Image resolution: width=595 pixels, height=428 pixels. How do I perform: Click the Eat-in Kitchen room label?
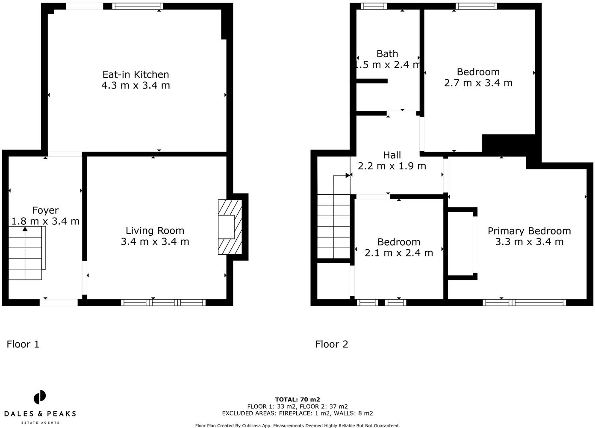(x=135, y=74)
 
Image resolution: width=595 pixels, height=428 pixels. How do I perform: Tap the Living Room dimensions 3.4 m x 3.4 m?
(x=155, y=242)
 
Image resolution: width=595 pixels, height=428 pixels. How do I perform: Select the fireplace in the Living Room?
(x=230, y=227)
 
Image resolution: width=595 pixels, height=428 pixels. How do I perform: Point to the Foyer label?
(x=45, y=211)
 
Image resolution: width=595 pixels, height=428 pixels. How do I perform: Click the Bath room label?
(x=387, y=54)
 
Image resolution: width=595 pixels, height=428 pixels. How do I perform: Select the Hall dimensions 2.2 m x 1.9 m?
(x=392, y=166)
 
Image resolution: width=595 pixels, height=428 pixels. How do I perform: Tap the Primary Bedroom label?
(x=529, y=231)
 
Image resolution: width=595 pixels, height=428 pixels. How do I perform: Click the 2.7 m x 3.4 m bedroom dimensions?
(x=478, y=83)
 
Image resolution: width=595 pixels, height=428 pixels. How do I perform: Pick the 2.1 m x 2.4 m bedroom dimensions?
(x=398, y=253)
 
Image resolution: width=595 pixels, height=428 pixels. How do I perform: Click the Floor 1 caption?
(x=23, y=344)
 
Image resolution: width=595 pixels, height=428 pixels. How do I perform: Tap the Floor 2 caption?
(x=332, y=344)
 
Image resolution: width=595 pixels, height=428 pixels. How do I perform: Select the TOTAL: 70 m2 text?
(x=297, y=400)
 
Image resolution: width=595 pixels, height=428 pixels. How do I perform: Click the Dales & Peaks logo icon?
(x=40, y=397)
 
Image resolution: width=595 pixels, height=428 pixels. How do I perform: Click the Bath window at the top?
(x=374, y=6)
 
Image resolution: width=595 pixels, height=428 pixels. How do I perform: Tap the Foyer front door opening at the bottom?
(x=59, y=302)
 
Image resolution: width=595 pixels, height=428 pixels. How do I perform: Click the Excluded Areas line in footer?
(x=297, y=413)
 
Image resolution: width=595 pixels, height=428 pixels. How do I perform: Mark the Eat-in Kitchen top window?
(x=137, y=6)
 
